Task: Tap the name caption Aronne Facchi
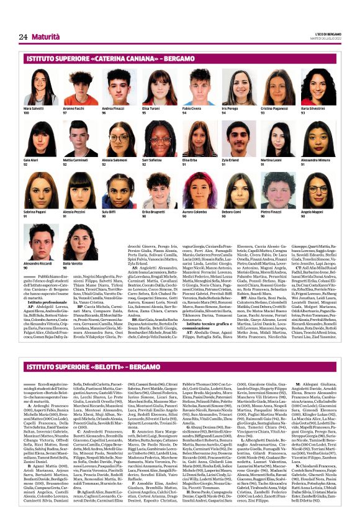click(x=73, y=109)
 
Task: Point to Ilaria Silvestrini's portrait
click(x=320, y=88)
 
